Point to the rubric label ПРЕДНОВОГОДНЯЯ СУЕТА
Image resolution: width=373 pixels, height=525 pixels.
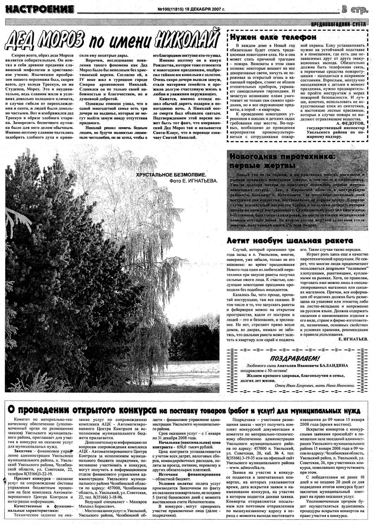[338, 24]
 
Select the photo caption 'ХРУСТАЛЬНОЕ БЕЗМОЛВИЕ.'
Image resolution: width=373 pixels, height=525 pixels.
[171, 175]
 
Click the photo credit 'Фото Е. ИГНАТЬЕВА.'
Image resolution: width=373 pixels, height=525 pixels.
[194, 181]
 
